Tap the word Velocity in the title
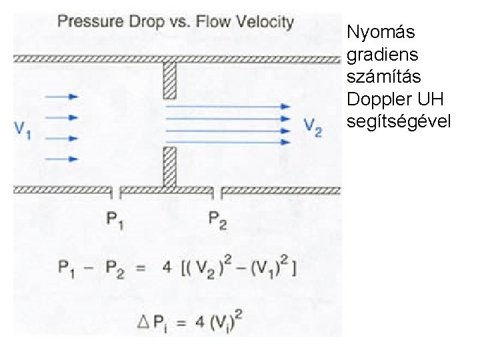click(266, 21)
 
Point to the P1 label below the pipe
click(115, 219)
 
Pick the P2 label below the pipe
click(217, 219)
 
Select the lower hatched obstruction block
click(170, 167)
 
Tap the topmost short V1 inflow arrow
click(63, 97)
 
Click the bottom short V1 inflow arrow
click(63, 159)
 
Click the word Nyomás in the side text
click(381, 32)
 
